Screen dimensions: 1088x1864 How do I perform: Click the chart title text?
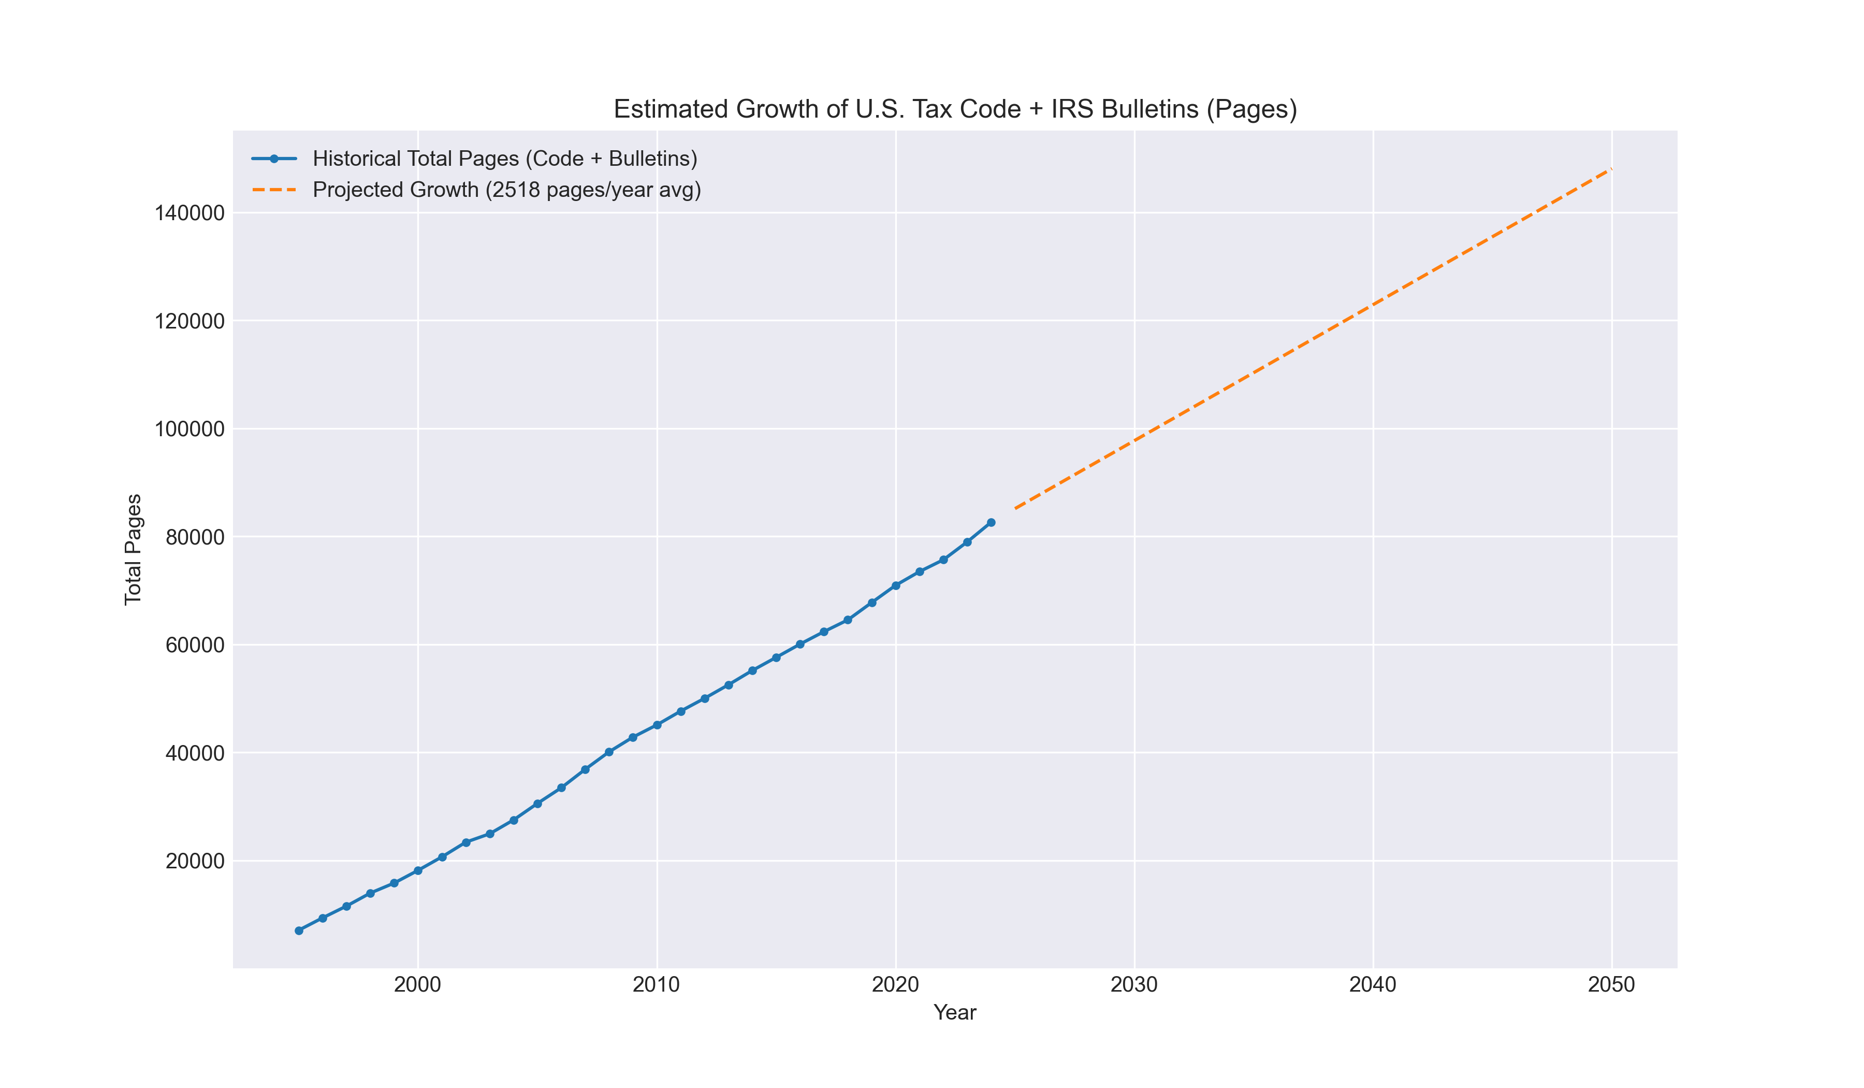pyautogui.click(x=955, y=109)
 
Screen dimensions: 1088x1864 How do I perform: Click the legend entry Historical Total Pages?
pyautogui.click(x=504, y=159)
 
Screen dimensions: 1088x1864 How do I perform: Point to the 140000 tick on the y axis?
pyautogui.click(x=190, y=213)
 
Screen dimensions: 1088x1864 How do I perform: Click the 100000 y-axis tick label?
pyautogui.click(x=190, y=430)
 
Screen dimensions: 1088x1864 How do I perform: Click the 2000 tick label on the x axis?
pyautogui.click(x=418, y=985)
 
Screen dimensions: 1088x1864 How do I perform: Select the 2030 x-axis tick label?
pyautogui.click(x=1134, y=985)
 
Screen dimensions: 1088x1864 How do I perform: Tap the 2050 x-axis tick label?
pyautogui.click(x=1612, y=985)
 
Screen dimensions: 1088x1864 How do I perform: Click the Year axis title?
pyautogui.click(x=955, y=1012)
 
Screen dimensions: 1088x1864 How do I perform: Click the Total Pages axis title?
pyautogui.click(x=133, y=549)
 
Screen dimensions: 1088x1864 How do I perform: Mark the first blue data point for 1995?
pyautogui.click(x=299, y=930)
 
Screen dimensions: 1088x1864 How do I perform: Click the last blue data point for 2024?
pyautogui.click(x=991, y=523)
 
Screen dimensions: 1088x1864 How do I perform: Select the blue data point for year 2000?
pyautogui.click(x=418, y=870)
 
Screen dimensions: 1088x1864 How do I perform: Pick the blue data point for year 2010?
pyautogui.click(x=657, y=725)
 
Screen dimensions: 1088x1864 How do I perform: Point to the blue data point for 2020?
pyautogui.click(x=896, y=585)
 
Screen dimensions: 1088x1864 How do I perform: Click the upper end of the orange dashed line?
pyautogui.click(x=1610, y=169)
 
